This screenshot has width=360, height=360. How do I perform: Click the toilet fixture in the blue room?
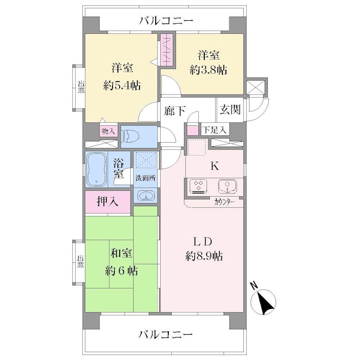click(130, 137)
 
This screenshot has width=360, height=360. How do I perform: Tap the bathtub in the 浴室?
click(97, 169)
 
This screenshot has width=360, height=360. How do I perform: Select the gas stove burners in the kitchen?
click(198, 186)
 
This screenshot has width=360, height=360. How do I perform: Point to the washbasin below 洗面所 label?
click(146, 196)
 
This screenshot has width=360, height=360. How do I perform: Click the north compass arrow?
click(265, 301)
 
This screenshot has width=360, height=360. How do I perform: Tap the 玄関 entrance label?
click(230, 109)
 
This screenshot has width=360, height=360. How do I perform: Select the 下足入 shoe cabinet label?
click(215, 130)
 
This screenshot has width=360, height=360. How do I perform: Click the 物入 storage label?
click(108, 131)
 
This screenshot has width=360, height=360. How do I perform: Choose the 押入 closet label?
click(108, 201)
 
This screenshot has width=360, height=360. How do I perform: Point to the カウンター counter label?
click(224, 202)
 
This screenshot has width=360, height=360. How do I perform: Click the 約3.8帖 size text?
click(208, 70)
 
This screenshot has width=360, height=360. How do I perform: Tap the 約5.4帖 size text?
click(122, 86)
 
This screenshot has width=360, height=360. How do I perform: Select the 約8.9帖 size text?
click(204, 256)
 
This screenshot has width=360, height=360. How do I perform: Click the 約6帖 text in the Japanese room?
click(121, 271)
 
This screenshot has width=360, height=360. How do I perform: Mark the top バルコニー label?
click(166, 21)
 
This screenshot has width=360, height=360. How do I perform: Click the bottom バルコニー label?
click(166, 335)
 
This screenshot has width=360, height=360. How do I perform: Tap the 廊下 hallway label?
click(175, 111)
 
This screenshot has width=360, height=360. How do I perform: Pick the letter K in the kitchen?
click(215, 166)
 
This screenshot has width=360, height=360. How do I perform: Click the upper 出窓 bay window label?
click(81, 86)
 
